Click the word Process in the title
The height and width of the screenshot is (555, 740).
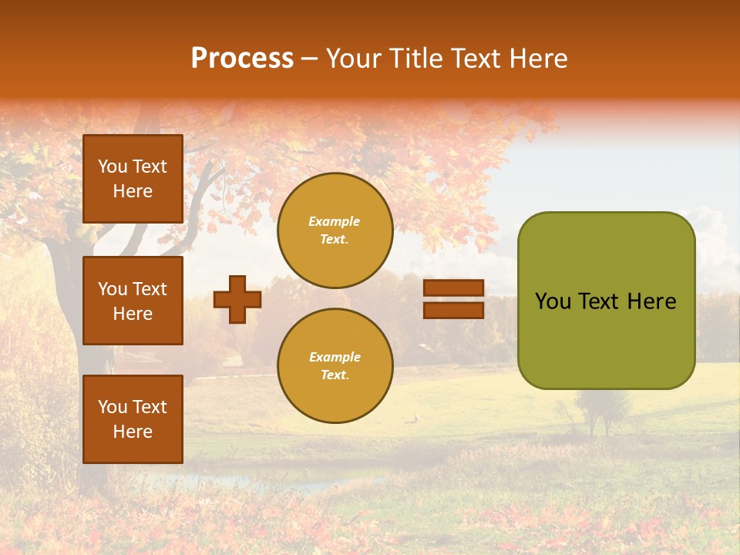(x=242, y=58)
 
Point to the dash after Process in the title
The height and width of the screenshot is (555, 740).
(x=310, y=59)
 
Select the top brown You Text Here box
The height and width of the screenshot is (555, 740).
(x=133, y=179)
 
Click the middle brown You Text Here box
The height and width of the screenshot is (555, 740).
(x=133, y=301)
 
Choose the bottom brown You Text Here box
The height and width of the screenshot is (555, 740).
(x=133, y=419)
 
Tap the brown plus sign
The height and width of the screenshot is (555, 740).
(x=237, y=299)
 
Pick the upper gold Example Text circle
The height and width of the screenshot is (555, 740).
(x=335, y=230)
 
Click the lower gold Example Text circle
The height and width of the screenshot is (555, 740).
(x=335, y=366)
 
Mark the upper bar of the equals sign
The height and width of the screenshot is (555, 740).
(x=453, y=288)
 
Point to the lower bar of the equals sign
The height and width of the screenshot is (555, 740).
(x=453, y=310)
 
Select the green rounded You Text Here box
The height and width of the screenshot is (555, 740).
(x=606, y=301)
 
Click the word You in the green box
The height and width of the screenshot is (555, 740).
(x=553, y=301)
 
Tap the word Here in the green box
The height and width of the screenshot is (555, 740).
(x=652, y=301)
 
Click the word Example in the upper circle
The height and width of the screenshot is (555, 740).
(x=335, y=221)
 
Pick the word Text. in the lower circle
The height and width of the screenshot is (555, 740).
(x=335, y=375)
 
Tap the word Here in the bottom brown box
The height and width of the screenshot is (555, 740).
(x=133, y=432)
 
